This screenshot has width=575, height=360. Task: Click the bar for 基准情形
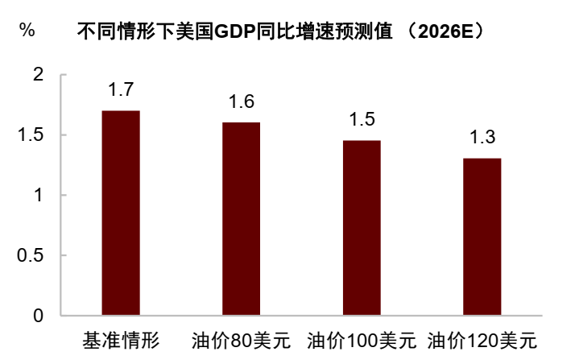click(x=121, y=213)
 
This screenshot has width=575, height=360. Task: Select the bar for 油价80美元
click(x=242, y=218)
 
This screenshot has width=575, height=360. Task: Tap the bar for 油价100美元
click(x=362, y=227)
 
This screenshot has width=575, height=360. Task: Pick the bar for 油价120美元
click(x=482, y=236)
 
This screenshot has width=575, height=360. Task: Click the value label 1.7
click(x=121, y=88)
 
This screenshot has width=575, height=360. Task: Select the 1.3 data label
click(x=482, y=136)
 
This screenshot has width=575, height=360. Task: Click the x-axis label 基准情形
click(x=121, y=339)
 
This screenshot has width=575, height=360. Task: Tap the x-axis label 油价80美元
click(x=242, y=339)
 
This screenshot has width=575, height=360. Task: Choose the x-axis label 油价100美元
click(x=362, y=339)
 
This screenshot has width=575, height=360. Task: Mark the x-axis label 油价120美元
click(x=482, y=339)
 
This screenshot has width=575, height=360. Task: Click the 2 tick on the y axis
click(x=37, y=75)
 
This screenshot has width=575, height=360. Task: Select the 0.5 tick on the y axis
click(x=30, y=255)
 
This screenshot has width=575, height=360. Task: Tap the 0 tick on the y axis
click(x=37, y=316)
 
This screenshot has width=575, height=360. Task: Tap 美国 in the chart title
click(x=195, y=31)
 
